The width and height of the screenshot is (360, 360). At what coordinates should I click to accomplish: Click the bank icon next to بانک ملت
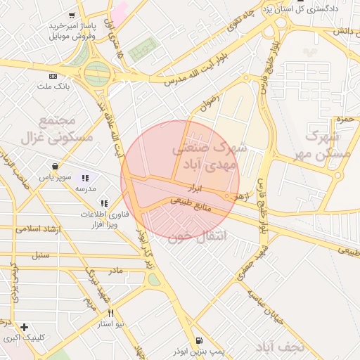(x=53, y=76)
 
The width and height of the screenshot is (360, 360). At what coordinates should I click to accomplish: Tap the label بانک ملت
(x=53, y=86)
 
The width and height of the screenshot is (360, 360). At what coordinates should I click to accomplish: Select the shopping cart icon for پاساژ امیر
(x=72, y=15)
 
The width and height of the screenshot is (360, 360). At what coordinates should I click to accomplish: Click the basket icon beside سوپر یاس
(x=55, y=167)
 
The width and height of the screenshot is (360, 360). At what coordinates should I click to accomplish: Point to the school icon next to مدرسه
(x=86, y=179)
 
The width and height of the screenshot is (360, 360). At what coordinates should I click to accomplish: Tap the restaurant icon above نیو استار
(x=110, y=314)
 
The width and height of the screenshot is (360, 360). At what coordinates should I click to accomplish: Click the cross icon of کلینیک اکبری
(x=25, y=327)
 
